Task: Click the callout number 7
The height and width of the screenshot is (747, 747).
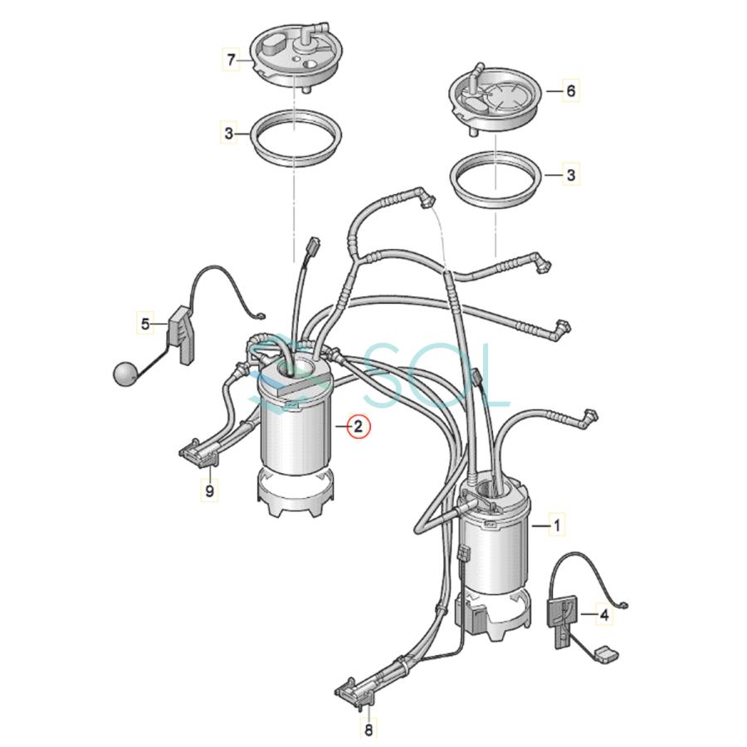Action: [231, 59]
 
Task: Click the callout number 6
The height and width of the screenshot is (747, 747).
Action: [570, 90]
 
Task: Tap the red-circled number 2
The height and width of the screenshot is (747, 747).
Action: [357, 427]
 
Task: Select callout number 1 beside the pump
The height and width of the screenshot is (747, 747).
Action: [557, 525]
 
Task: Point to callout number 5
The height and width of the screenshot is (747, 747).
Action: [146, 323]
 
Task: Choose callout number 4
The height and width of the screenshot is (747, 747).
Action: [603, 615]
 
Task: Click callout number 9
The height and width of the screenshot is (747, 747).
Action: [210, 491]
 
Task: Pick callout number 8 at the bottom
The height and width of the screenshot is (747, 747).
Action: [369, 730]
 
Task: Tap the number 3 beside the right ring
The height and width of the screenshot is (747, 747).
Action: [570, 175]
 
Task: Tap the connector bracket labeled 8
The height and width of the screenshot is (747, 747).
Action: [355, 688]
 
